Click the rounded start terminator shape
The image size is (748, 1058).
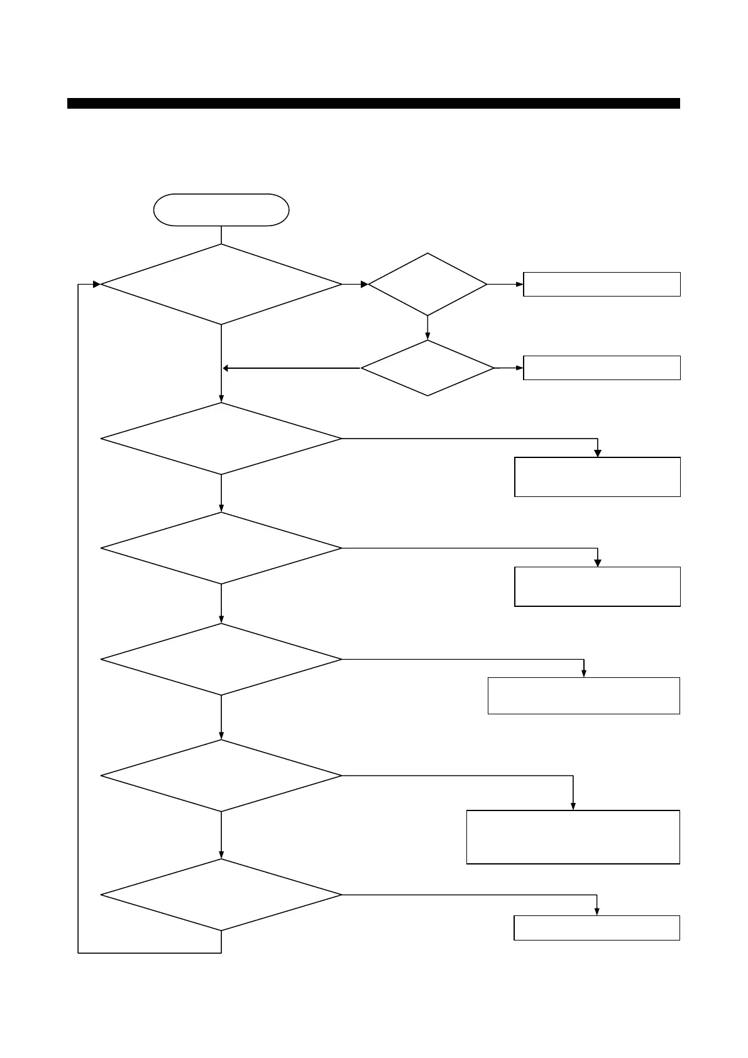[221, 210]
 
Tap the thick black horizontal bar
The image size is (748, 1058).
[373, 104]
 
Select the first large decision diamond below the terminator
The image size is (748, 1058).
[221, 285]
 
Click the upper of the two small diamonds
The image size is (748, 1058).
[427, 285]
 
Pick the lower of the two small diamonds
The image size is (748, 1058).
[427, 368]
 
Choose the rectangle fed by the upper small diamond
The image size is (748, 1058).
[602, 285]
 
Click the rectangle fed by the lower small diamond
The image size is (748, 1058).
[602, 368]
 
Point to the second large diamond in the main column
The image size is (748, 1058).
[221, 439]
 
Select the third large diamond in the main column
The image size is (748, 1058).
[221, 548]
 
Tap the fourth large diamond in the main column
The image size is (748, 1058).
[221, 660]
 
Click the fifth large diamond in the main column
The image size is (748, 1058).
[221, 776]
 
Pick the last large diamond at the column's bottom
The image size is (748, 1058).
[221, 895]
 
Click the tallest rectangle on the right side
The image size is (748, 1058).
[573, 837]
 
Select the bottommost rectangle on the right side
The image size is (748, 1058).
[597, 928]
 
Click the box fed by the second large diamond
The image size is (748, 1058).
[597, 477]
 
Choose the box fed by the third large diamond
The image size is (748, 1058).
[597, 587]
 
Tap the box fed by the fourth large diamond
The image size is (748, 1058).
[583, 696]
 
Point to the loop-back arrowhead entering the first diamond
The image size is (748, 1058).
[96, 285]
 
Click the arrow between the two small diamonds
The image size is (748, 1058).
[427, 328]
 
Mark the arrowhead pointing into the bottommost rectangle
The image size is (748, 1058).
[597, 912]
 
